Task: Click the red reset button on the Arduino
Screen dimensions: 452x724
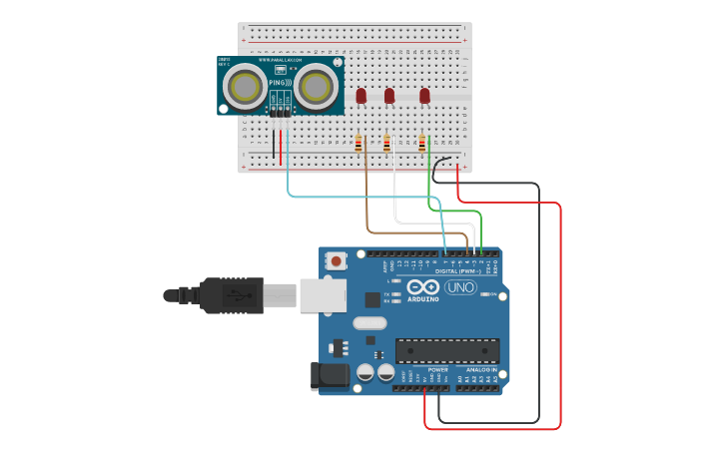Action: (x=337, y=261)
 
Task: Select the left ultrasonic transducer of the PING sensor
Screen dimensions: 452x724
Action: (x=244, y=88)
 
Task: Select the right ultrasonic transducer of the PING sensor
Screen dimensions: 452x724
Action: (x=315, y=88)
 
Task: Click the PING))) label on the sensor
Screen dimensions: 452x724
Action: (x=280, y=83)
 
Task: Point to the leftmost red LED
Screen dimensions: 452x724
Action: (x=362, y=96)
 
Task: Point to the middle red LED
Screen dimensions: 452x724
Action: (x=389, y=96)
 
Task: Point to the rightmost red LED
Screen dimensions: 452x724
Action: (x=424, y=96)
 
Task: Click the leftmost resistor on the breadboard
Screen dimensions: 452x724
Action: (x=359, y=145)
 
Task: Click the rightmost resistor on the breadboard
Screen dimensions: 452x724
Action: (x=422, y=145)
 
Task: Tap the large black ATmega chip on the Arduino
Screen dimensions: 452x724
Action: (x=447, y=351)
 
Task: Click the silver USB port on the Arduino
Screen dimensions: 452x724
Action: (x=322, y=294)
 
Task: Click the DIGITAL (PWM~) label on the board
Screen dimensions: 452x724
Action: (x=458, y=270)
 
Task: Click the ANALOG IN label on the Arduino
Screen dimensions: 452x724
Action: (x=481, y=369)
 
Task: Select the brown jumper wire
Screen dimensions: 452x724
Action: (x=366, y=200)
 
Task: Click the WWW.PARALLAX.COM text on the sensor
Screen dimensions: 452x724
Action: (x=281, y=61)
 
